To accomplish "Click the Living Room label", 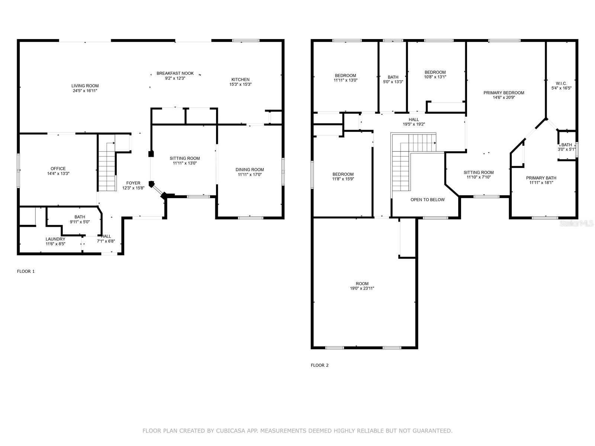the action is pos(85,86).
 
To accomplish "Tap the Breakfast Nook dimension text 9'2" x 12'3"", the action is pos(175,78).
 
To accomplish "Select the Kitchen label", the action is pos(241,79).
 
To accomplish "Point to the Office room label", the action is pos(58,168).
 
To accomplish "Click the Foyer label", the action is pos(133,183).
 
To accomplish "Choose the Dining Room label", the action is pos(250,169).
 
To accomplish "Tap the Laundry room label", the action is pos(55,239).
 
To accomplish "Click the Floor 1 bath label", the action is pos(80,217).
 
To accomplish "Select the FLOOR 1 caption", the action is pos(26,271).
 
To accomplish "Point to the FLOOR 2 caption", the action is pos(319,365).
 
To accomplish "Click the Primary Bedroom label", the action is pos(504,93).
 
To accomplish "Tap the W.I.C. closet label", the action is pos(561,83).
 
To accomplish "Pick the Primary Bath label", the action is pos(541,178).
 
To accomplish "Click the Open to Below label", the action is pos(428,200).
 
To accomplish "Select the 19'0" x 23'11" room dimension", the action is pos(362,288).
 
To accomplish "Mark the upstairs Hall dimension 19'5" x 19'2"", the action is pos(414,124).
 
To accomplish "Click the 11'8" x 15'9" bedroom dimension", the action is pos(343,179).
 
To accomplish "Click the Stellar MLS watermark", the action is pos(576,223).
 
